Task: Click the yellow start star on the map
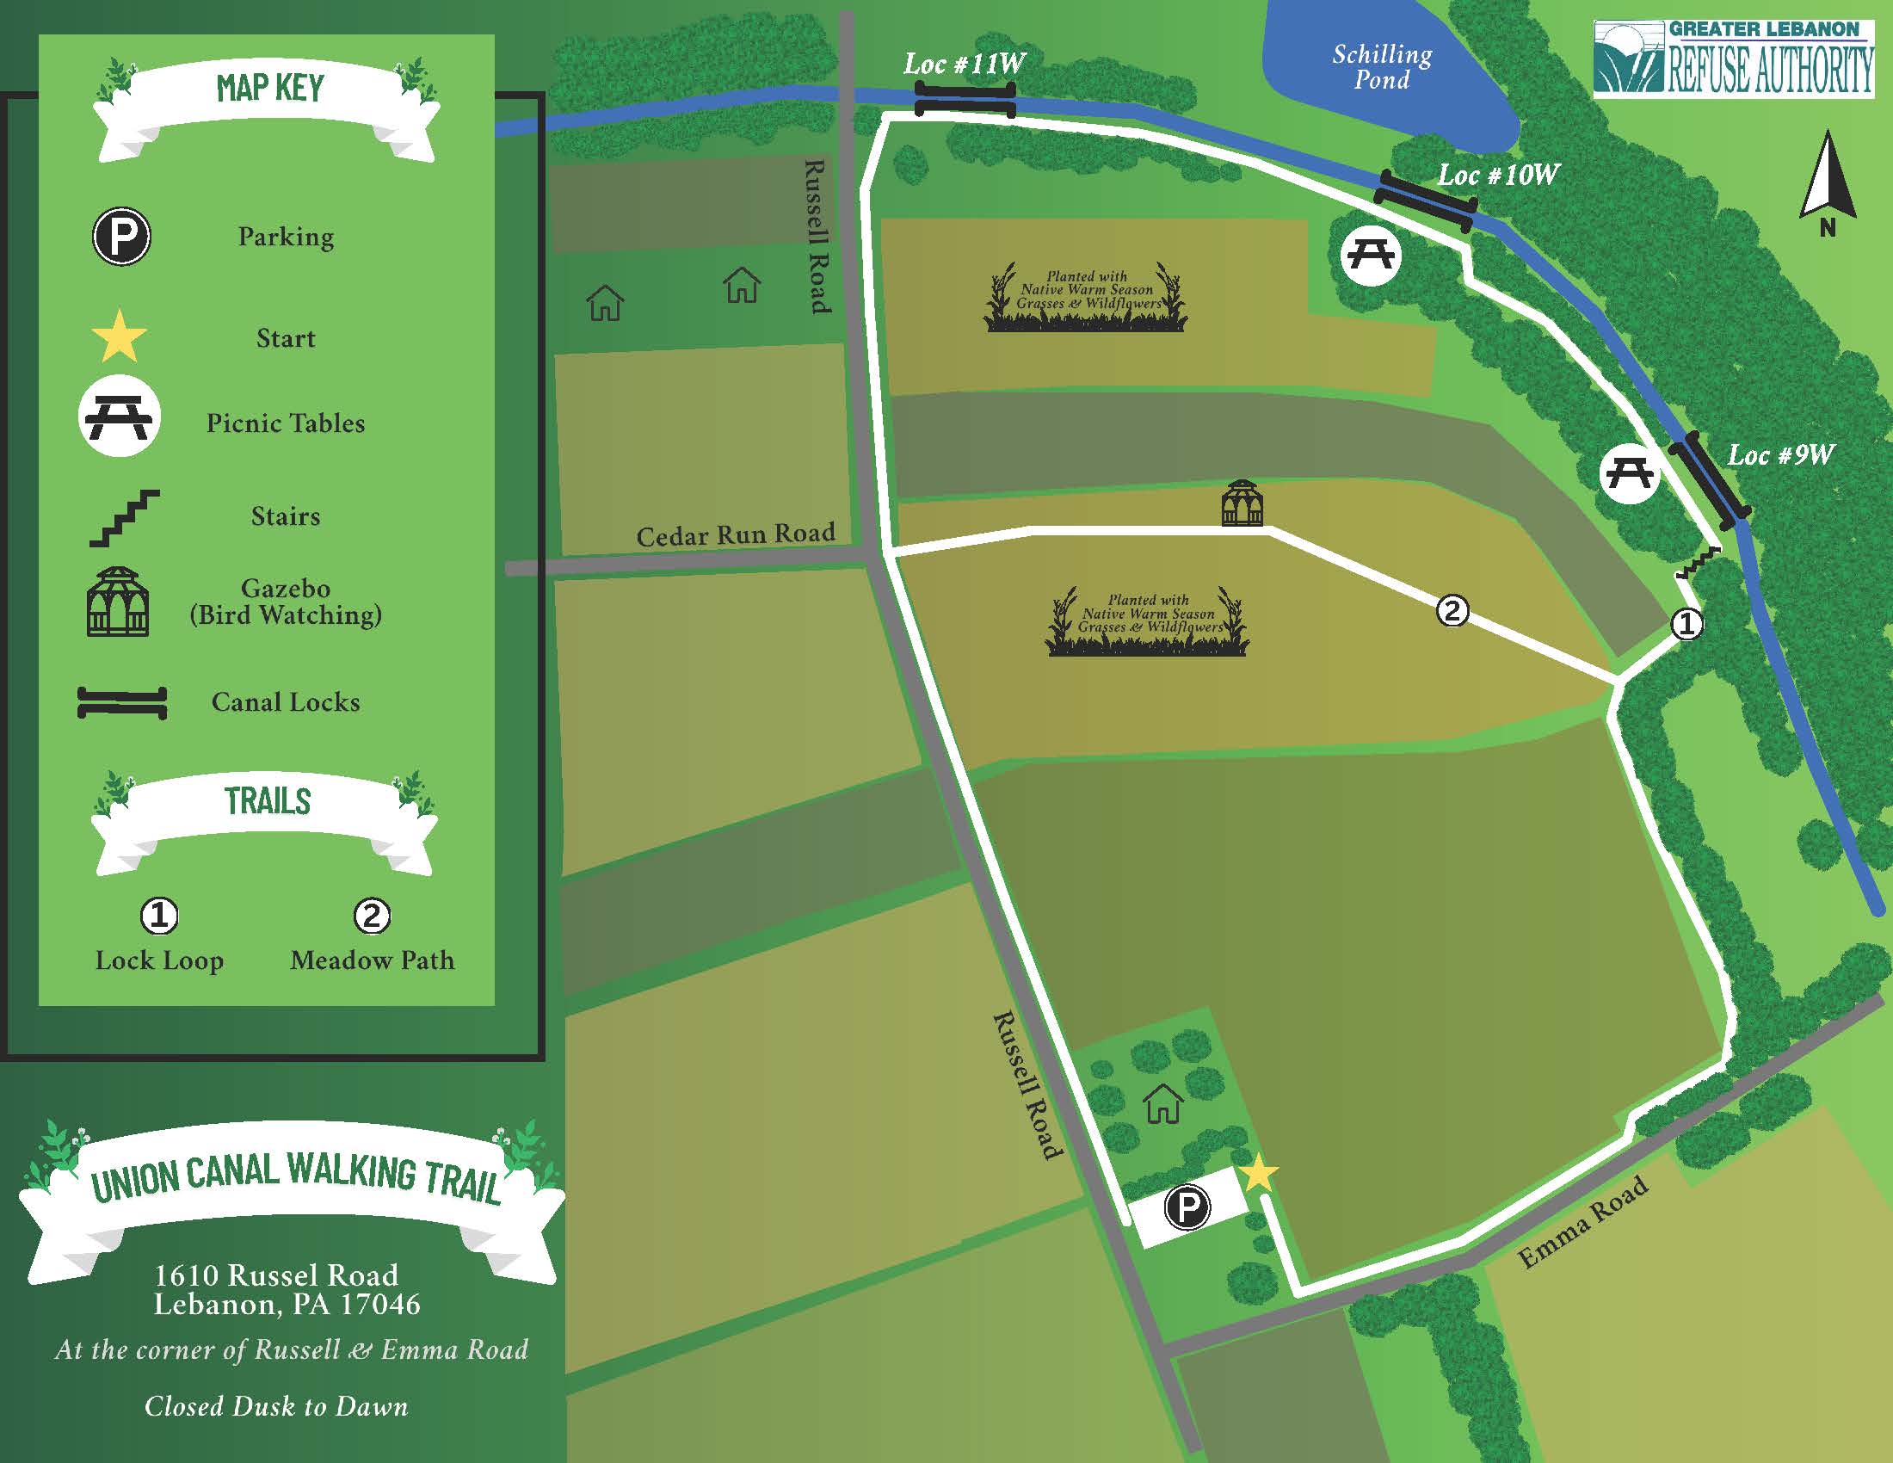1259,1174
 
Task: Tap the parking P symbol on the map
1187,1207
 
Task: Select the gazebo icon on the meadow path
1242,503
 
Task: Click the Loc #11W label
964,64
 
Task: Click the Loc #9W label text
1780,455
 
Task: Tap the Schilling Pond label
1382,67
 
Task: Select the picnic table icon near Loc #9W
1629,473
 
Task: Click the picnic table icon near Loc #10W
1371,255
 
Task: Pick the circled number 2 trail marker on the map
1452,610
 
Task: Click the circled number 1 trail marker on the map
1686,623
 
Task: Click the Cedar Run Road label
735,534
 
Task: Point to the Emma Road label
1582,1222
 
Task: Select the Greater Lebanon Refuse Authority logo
1733,57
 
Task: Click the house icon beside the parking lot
1163,1104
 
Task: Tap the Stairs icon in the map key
125,517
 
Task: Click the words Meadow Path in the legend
372,960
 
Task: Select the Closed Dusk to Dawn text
275,1406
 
